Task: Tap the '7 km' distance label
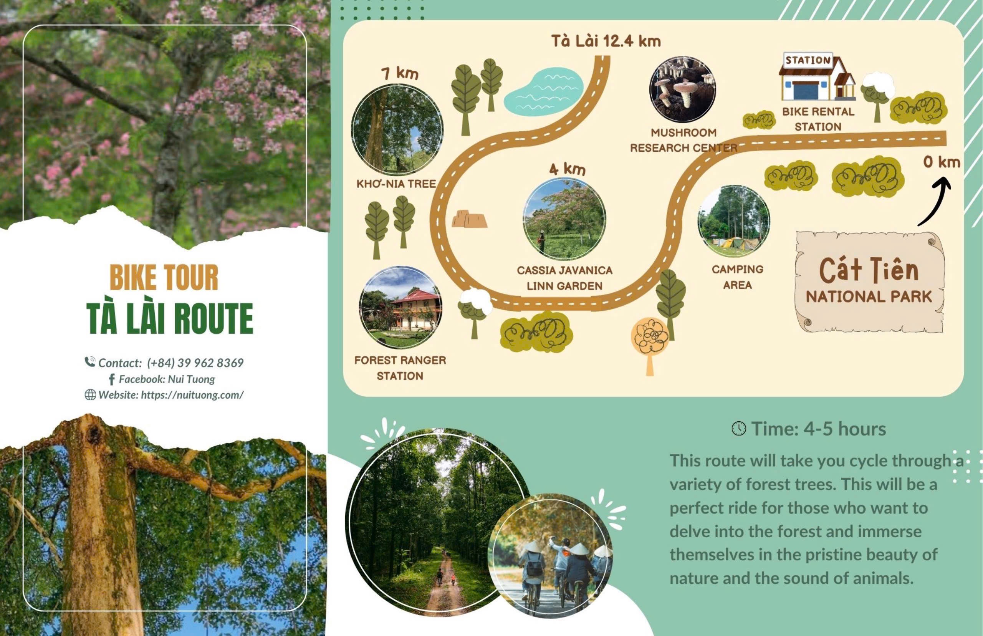tap(400, 73)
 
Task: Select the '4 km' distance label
tap(567, 169)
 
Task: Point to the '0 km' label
tap(942, 162)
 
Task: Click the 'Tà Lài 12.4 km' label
tap(606, 41)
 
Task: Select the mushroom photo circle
tap(682, 89)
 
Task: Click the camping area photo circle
tap(734, 221)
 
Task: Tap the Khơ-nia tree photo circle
tap(397, 129)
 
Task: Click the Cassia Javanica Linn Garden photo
tap(564, 219)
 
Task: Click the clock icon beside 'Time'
tap(738, 429)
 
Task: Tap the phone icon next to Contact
tap(90, 362)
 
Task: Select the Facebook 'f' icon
tap(111, 379)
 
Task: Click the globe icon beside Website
tap(90, 395)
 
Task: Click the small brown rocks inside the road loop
tap(469, 219)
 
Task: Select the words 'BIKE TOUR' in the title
tap(164, 278)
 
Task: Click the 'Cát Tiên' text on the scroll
tap(869, 270)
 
